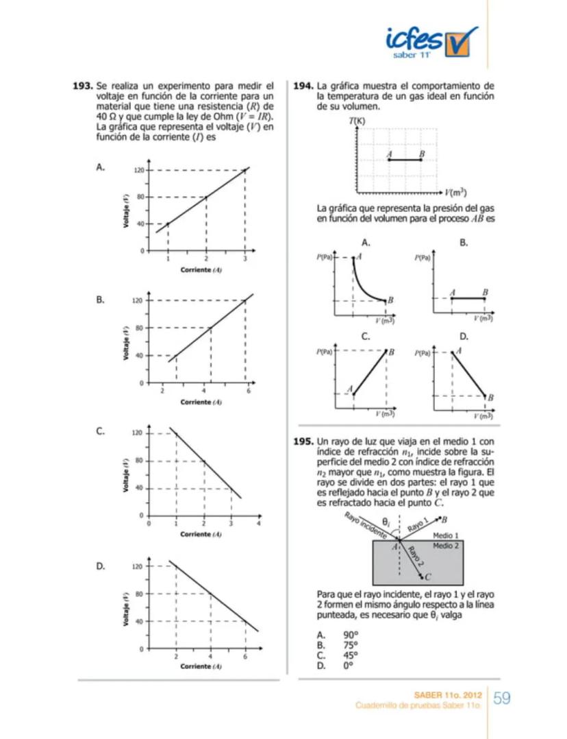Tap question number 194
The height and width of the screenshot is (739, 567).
point(303,86)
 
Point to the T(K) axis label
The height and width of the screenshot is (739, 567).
point(356,121)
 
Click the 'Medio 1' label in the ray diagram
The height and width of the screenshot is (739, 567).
point(446,535)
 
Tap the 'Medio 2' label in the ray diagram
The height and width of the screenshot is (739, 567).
point(446,545)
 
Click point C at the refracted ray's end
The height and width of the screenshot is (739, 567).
point(426,577)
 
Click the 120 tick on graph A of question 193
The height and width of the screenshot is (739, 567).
point(137,170)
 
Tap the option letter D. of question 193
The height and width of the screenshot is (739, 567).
point(101,566)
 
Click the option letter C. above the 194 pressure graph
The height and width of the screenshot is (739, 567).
point(366,337)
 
